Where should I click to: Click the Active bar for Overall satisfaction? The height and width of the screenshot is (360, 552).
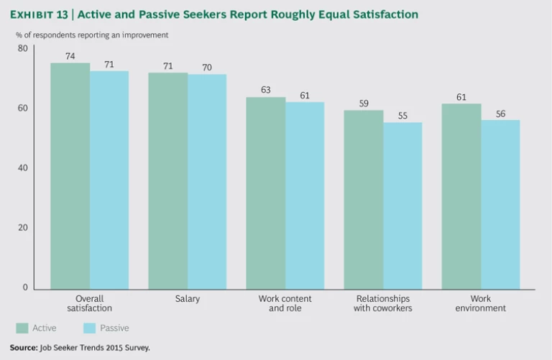click(70, 175)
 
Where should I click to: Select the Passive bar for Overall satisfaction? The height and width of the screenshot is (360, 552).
click(109, 180)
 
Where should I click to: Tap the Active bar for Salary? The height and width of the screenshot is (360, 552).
click(167, 180)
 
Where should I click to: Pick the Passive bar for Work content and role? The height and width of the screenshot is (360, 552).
click(305, 195)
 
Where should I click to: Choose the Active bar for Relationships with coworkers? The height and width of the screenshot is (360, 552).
click(363, 199)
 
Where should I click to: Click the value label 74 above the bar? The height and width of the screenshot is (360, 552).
click(70, 55)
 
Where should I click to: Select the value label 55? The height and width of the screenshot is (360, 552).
click(402, 115)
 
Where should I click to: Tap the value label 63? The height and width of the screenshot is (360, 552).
click(265, 90)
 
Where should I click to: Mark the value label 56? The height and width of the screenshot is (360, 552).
click(500, 113)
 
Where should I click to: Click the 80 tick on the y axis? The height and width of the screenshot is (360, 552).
click(23, 49)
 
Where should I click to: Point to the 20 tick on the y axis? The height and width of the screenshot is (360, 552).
click(23, 228)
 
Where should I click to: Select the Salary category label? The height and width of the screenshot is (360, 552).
click(188, 298)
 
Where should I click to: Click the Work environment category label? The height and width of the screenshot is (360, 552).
click(481, 303)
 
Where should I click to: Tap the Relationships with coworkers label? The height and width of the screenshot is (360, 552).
click(382, 303)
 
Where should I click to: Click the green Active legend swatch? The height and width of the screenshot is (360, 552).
click(22, 328)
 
